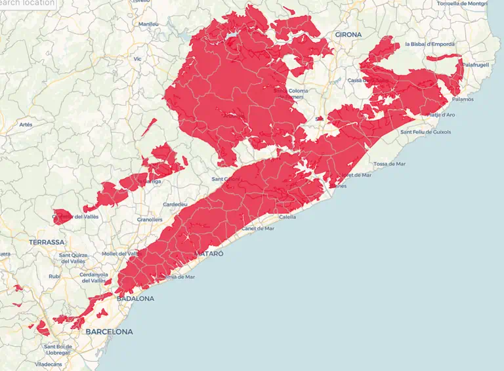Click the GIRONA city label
[348, 34]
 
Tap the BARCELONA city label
[109, 332]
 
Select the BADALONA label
[135, 298]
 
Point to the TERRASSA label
[47, 242]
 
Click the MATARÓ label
[209, 253]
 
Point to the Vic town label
[137, 59]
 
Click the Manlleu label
[148, 24]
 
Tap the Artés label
[26, 125]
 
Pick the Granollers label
[150, 219]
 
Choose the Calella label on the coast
[287, 217]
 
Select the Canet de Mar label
[258, 229]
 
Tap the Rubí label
[54, 276]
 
